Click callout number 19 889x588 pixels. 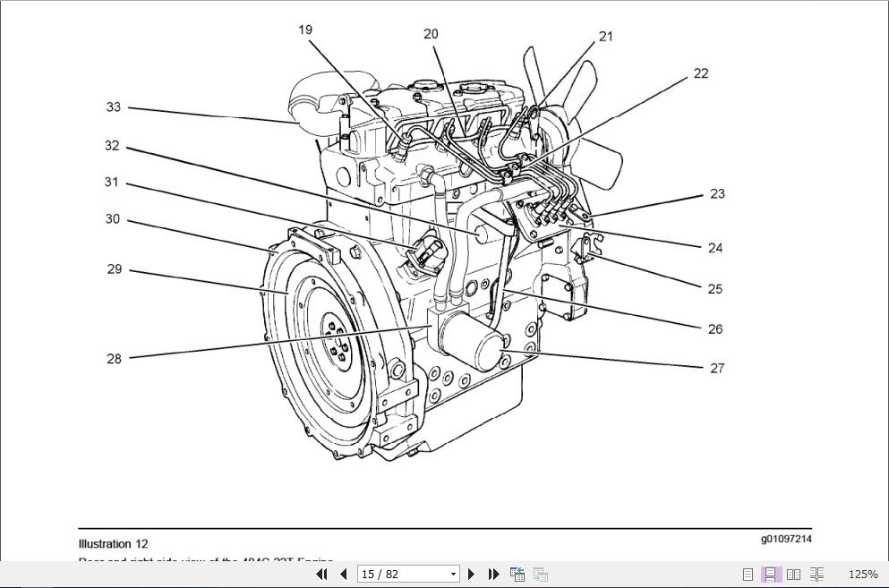tap(305, 30)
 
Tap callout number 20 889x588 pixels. tap(431, 34)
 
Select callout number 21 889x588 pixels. tap(606, 37)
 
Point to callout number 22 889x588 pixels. tap(700, 73)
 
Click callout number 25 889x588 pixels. tap(714, 289)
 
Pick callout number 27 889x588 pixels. tap(716, 368)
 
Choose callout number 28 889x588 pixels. tap(114, 359)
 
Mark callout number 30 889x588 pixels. tap(113, 219)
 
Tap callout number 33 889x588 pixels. tap(113, 107)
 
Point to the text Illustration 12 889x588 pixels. tap(114, 543)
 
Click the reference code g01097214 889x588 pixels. tap(786, 539)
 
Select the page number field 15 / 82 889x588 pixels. tap(407, 574)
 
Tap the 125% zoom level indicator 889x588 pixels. tap(862, 575)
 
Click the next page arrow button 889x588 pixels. tap(472, 574)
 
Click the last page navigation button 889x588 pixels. tap(493, 574)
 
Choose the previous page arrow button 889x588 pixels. tap(343, 574)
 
